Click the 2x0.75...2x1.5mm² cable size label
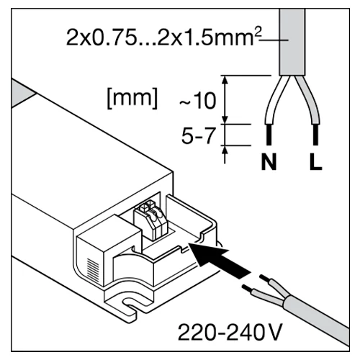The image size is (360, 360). tap(163, 37)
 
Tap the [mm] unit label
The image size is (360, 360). tap(132, 98)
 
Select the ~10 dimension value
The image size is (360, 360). tap(198, 101)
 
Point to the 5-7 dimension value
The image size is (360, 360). tap(198, 135)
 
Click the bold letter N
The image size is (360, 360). tap(269, 162)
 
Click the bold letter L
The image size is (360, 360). tap(315, 162)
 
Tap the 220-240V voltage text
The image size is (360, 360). tap(230, 333)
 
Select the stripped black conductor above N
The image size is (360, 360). tap(269, 135)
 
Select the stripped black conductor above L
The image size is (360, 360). tap(315, 135)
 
